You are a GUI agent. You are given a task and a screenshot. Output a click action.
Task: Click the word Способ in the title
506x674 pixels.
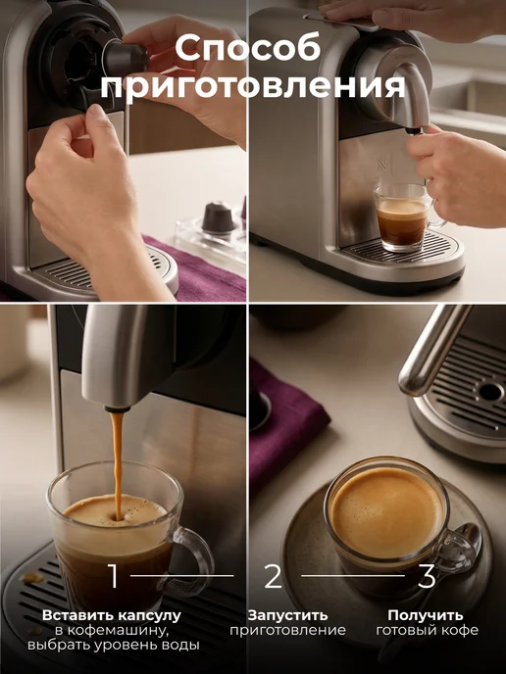point(248,47)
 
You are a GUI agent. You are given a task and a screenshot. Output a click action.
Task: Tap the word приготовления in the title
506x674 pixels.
point(253,87)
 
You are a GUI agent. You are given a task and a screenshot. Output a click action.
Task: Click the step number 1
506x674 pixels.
point(114,576)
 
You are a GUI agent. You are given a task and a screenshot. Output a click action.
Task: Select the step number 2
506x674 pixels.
point(273,576)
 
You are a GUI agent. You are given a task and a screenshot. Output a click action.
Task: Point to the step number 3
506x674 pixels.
point(427,576)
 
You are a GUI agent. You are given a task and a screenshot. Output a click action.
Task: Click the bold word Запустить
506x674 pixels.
point(287,615)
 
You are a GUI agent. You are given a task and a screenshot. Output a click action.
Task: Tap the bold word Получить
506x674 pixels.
point(426,615)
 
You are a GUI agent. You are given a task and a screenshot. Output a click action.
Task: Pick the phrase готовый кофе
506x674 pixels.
point(427,631)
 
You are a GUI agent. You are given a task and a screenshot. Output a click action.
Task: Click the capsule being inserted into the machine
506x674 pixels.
point(126,56)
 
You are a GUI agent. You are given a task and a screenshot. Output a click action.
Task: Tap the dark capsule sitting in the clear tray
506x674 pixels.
point(219,217)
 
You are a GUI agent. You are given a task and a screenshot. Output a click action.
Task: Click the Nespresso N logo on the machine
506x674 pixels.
point(381,165)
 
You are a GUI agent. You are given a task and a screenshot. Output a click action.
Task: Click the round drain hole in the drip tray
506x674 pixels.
point(490,392)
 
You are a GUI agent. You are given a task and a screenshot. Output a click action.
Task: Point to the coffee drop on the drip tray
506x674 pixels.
point(33,577)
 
